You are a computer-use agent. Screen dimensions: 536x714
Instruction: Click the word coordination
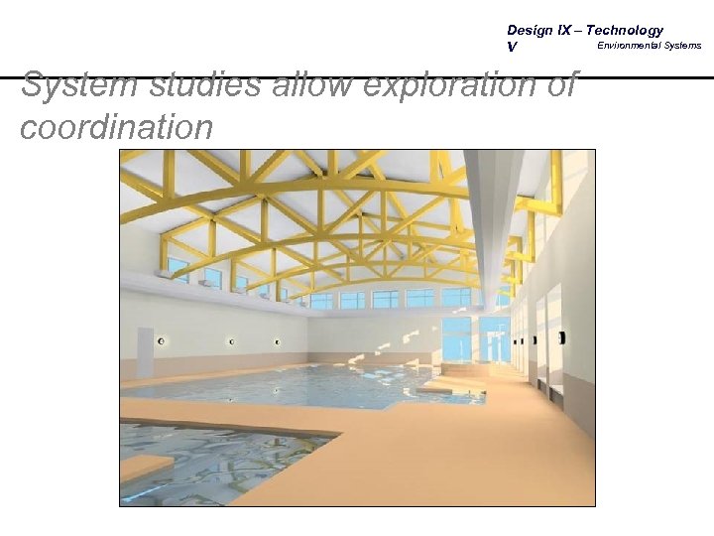tap(116, 127)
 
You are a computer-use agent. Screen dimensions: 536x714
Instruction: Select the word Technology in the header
tap(625, 31)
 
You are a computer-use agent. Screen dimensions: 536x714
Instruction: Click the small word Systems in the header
tap(683, 46)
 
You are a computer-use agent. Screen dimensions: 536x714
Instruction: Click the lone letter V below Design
tap(512, 47)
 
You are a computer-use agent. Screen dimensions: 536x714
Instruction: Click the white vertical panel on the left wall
tap(145, 351)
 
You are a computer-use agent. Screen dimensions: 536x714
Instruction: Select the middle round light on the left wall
tap(231, 341)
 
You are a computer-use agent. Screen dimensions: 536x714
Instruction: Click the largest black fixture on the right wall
tap(561, 337)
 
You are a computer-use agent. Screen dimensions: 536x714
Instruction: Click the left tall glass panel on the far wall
tap(456, 338)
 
